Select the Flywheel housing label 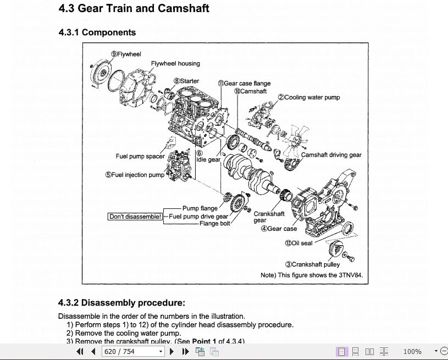175,63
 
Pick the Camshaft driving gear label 331,155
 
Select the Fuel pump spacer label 140,156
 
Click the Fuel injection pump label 135,175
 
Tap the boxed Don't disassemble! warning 135,217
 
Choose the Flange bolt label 215,224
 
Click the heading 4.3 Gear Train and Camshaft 134,8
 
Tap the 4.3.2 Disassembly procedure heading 121,302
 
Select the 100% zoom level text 412,351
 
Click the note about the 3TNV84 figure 312,275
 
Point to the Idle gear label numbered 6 208,157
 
